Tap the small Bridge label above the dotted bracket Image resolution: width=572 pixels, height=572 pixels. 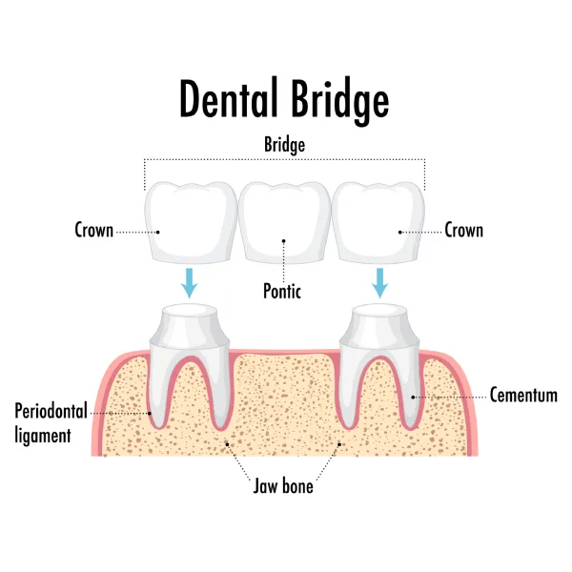[x=285, y=145]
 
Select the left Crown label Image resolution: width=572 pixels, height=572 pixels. [x=94, y=231]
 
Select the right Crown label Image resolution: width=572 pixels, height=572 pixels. [x=464, y=231]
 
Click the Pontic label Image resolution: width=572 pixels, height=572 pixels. [x=282, y=292]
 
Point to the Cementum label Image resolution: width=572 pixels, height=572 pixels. [x=523, y=395]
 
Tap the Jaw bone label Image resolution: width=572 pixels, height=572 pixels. [x=283, y=486]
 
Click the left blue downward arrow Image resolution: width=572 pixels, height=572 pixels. [x=190, y=282]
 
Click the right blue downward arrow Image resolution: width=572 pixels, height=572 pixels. [x=380, y=282]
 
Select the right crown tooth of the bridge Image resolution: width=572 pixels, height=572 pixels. [x=379, y=221]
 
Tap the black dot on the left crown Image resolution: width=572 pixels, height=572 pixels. [x=158, y=231]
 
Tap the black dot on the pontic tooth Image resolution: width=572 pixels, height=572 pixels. [x=283, y=240]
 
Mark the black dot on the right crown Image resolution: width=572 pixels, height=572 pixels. [x=401, y=231]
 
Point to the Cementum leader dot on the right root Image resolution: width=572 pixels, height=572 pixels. [x=412, y=394]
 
